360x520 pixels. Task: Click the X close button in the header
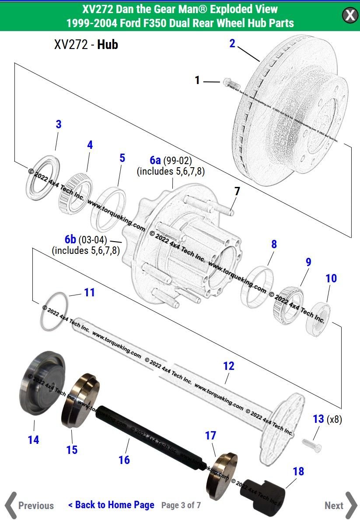(350, 15)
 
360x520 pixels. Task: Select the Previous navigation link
(30, 506)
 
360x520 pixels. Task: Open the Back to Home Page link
(111, 505)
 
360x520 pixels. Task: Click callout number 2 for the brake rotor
(232, 43)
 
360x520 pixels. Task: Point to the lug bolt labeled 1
(229, 82)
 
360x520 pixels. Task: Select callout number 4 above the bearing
(90, 145)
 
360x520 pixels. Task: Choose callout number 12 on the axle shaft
(228, 366)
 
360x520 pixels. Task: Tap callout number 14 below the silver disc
(33, 439)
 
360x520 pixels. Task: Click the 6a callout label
(155, 160)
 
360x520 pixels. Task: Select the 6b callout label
(70, 239)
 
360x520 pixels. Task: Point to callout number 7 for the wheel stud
(237, 191)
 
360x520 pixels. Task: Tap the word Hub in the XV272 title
(108, 44)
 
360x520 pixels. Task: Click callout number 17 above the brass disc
(210, 436)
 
